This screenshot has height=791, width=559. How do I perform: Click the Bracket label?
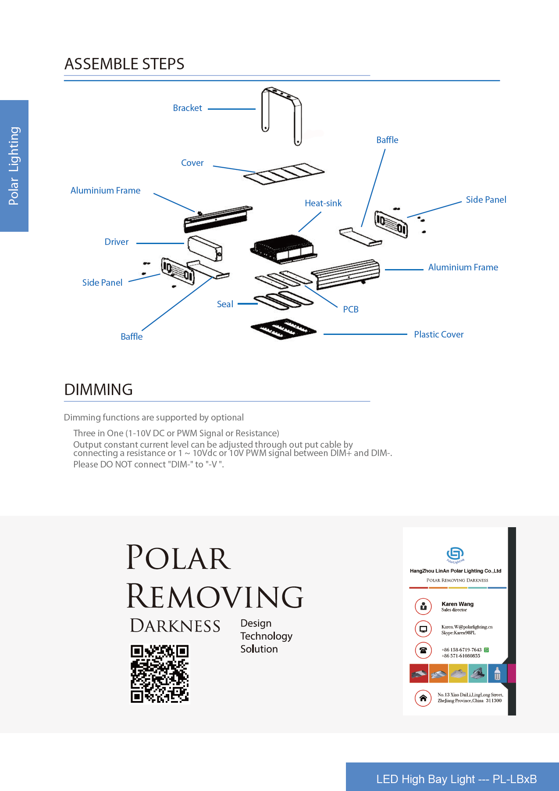(x=187, y=108)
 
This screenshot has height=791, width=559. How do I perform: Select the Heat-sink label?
(x=323, y=203)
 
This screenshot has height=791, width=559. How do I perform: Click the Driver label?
(x=117, y=242)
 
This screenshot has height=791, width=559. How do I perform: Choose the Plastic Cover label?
(x=439, y=334)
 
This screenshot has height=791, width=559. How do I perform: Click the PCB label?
(x=351, y=309)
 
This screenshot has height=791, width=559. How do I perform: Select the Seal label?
(x=225, y=304)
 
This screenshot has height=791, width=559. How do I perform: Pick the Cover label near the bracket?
(x=192, y=163)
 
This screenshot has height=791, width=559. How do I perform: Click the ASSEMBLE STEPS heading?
(x=125, y=64)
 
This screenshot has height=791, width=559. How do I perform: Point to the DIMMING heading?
(x=99, y=390)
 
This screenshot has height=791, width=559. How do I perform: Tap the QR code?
(x=160, y=674)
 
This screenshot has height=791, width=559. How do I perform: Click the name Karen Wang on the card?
(x=458, y=604)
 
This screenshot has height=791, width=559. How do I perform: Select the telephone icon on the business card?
(x=423, y=650)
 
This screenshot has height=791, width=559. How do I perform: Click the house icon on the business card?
(x=423, y=698)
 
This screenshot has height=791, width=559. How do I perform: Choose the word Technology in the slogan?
(x=266, y=636)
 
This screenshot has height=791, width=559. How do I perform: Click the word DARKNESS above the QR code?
(x=175, y=626)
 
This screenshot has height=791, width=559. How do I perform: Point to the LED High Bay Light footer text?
(x=456, y=779)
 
